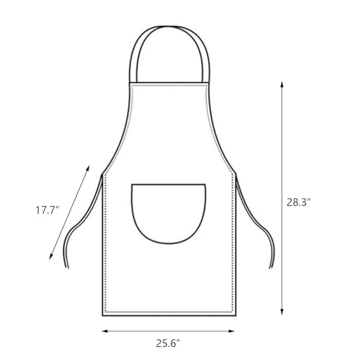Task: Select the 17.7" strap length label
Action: [48, 210]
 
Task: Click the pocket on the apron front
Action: [168, 211]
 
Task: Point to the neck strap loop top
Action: [169, 27]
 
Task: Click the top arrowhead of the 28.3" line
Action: [282, 83]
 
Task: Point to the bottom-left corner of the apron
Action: [103, 315]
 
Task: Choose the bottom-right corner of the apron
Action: [235, 315]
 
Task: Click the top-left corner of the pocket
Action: [132, 185]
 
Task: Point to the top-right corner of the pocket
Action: [206, 185]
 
